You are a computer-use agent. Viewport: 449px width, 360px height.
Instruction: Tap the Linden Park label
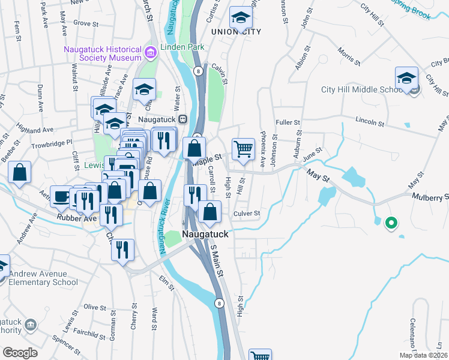[187, 47]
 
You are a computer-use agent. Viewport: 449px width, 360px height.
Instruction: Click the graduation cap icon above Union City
[241, 17]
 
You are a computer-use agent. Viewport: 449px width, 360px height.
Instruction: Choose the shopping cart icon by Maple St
[243, 148]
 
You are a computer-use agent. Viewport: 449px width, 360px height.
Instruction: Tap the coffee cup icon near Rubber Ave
[61, 196]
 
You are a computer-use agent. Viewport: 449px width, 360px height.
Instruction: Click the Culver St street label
[246, 213]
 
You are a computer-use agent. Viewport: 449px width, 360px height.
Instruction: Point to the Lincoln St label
[369, 122]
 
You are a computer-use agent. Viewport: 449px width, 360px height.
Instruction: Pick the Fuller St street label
[287, 122]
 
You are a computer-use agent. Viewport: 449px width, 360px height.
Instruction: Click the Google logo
[20, 353]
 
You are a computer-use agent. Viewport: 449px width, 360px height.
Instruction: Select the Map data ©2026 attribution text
[423, 355]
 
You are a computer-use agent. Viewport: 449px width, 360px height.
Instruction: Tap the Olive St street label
[94, 307]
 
